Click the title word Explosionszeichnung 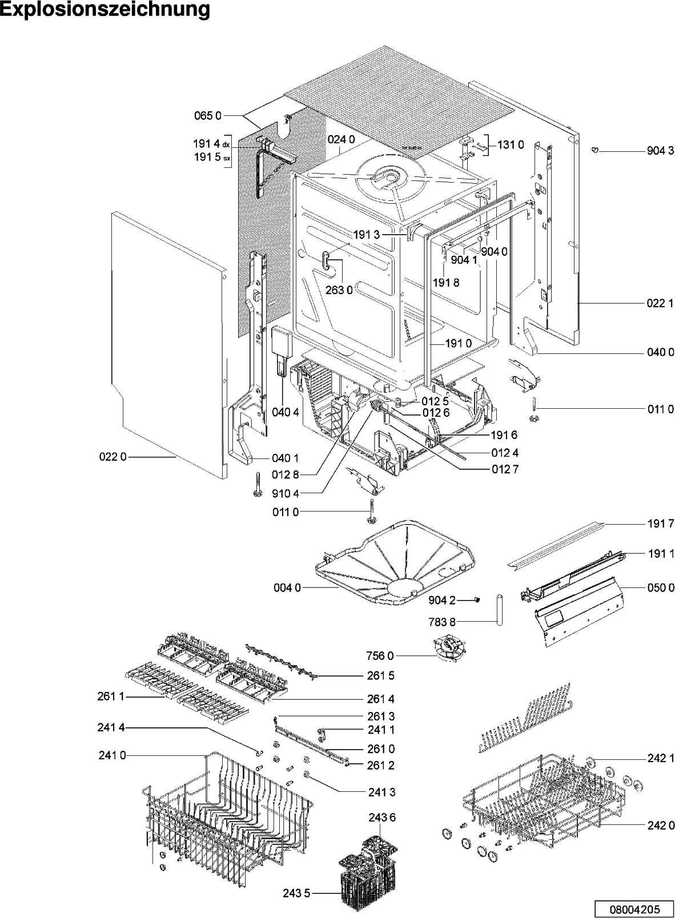pyautogui.click(x=105, y=10)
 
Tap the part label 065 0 pyautogui.click(x=207, y=116)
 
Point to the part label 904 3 pyautogui.click(x=660, y=151)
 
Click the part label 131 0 pyautogui.click(x=510, y=145)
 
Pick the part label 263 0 pyautogui.click(x=339, y=290)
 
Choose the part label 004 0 pyautogui.click(x=286, y=587)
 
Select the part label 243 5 pyautogui.click(x=296, y=893)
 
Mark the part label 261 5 pyautogui.click(x=380, y=675)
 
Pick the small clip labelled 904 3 pyautogui.click(x=594, y=150)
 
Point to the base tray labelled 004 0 pyautogui.click(x=394, y=562)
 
